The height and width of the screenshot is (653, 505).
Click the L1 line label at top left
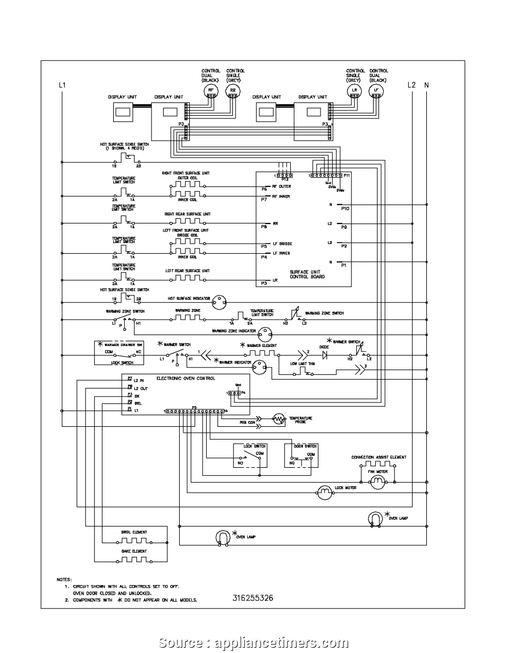(62, 85)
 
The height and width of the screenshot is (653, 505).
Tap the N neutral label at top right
(426, 85)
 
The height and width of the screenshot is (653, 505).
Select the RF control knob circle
(211, 91)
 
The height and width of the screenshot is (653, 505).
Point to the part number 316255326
(252, 598)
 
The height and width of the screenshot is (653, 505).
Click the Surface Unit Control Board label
(307, 274)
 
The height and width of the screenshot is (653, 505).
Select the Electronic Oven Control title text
(186, 379)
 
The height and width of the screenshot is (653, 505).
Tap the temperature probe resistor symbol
(279, 419)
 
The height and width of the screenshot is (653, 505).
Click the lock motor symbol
(324, 493)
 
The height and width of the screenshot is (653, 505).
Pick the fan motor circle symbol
(377, 482)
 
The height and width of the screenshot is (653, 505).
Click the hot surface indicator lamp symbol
(218, 303)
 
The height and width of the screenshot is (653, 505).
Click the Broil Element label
(134, 532)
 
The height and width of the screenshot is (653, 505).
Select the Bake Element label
(134, 551)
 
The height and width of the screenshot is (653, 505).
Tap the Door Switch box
(301, 454)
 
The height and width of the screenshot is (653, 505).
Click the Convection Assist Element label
(378, 457)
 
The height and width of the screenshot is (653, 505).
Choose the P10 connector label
(345, 209)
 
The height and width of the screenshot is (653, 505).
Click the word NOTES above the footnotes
(64, 579)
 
